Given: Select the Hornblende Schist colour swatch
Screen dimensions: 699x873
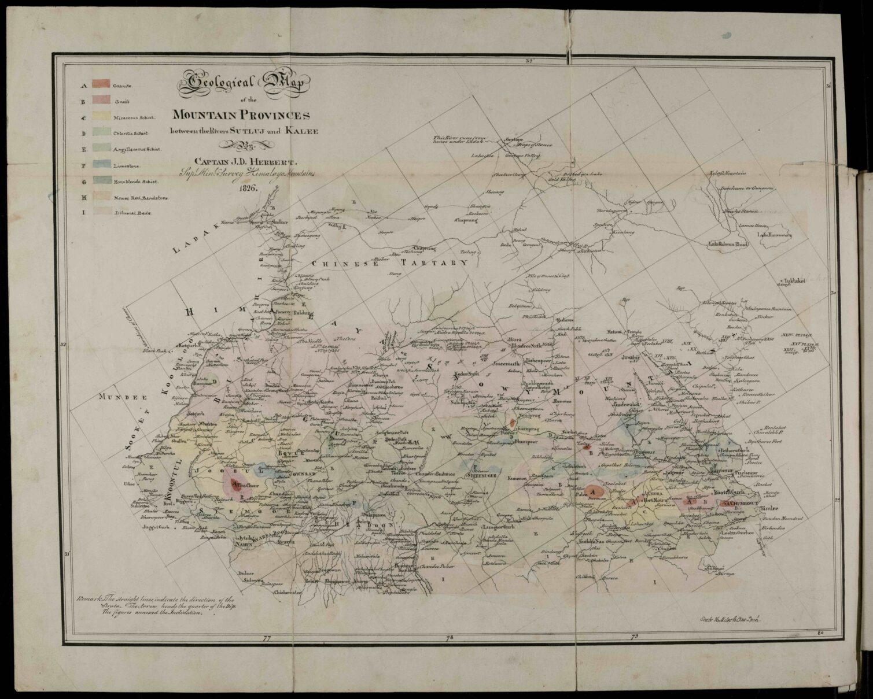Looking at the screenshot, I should click(101, 181).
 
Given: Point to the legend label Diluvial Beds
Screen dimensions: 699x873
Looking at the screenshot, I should click(132, 213).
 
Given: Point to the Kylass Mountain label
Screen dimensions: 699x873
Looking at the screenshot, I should click(728, 173).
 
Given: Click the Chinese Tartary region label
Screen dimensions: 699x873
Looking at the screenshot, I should click(393, 264).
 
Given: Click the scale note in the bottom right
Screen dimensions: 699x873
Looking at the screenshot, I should click(728, 618).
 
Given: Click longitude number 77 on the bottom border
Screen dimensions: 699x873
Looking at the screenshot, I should click(267, 638).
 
